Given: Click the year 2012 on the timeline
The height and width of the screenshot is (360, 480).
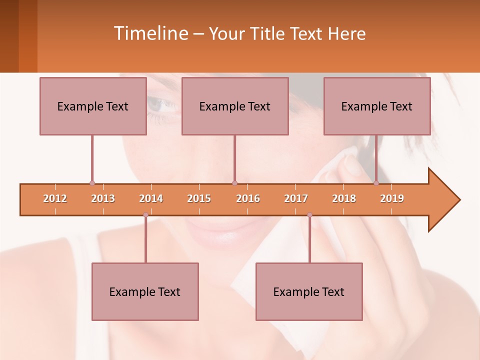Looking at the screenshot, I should tap(55, 198).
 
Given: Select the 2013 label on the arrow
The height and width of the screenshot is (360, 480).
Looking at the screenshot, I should tap(103, 198).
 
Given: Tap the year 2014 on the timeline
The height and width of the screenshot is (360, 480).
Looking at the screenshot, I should tap(151, 198).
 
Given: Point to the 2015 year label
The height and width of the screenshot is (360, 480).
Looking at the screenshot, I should tap(199, 198).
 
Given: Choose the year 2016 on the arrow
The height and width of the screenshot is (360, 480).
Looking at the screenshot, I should tap(248, 198).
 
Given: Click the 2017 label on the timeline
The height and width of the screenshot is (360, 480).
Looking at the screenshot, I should tap(296, 198).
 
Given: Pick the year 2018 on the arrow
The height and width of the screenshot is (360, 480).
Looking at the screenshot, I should tap(344, 198).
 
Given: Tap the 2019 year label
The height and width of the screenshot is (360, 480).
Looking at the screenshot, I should tap(392, 198).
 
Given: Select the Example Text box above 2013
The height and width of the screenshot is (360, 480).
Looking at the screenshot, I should tap(93, 106).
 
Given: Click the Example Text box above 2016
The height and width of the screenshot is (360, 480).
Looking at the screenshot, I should tap(235, 106).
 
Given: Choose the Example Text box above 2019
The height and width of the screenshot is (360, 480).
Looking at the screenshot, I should tap(377, 106).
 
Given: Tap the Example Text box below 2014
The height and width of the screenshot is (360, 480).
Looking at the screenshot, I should tap(145, 291).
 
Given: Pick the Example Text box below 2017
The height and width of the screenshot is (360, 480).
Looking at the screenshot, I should tap(309, 291).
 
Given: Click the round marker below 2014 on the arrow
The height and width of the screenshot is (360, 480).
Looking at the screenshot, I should tap(145, 214).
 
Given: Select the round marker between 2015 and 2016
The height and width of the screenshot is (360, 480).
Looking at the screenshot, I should tap(234, 183).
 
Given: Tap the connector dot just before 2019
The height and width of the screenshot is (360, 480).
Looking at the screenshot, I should tap(376, 183).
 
